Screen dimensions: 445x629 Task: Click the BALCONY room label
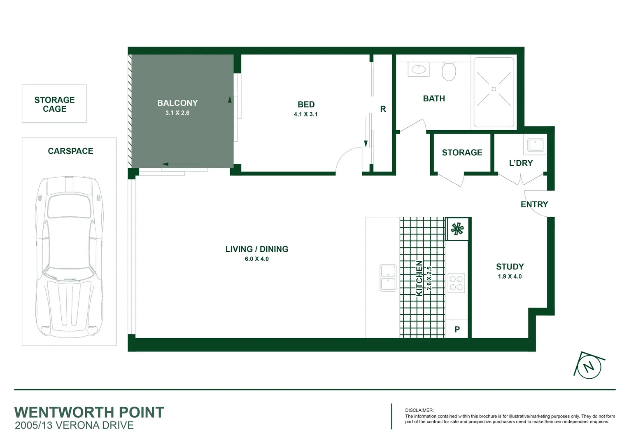pos(177,103)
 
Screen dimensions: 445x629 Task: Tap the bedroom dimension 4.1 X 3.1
pos(305,115)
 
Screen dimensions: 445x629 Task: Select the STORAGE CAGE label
pos(54,104)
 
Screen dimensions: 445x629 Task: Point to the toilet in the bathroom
pos(449,72)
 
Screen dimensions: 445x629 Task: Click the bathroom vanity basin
pos(419,69)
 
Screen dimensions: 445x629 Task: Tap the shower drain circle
pos(494,89)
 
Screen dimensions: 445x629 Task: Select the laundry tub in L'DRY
pos(536,145)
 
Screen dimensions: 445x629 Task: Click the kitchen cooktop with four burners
pos(456,283)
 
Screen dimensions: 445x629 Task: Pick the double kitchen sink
pos(388,278)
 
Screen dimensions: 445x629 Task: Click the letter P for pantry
pos(457,330)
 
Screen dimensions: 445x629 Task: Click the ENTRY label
pos(534,204)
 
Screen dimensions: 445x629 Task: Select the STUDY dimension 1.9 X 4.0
pos(510,277)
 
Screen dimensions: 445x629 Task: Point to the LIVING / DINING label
pos(256,249)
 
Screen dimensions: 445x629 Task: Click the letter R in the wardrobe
pos(383,109)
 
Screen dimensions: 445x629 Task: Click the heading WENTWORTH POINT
pos(89,412)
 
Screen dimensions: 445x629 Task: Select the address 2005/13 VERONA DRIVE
pos(75,426)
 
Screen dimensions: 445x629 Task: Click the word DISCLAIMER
pos(419,410)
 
